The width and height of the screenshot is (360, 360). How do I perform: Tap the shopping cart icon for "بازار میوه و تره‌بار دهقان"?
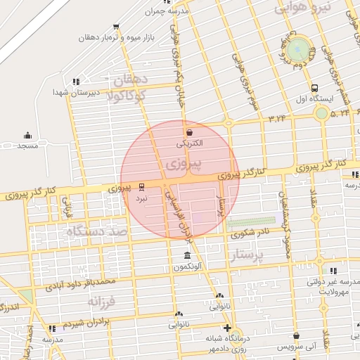coord(115,27)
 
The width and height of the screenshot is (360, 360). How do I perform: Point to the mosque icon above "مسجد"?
coord(27,135)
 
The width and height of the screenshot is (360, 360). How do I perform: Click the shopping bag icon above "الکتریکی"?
coord(189,131)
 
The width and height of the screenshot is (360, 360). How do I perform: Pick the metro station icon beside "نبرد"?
coord(142,187)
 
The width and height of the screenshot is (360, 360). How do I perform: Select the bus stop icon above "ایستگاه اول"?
coord(314,89)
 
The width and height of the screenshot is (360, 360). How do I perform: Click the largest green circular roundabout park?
coord(298,49)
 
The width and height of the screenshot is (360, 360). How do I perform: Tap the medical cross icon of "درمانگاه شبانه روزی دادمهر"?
coord(227,328)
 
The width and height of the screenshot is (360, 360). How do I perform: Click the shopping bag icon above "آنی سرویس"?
coord(297,336)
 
